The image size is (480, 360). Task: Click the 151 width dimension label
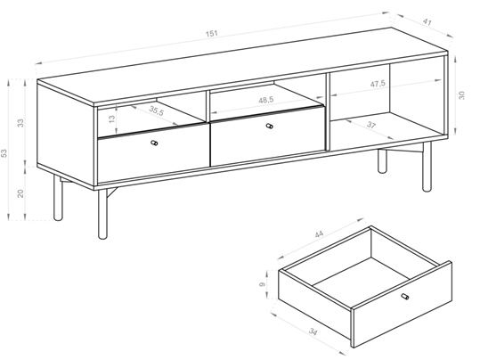pos(212,33)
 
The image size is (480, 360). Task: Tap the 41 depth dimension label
pos(427,22)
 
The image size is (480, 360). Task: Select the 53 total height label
pos(4,153)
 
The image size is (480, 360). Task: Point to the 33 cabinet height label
pos(20,123)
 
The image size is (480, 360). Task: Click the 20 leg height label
pos(20,193)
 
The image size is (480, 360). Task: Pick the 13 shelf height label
pos(112,119)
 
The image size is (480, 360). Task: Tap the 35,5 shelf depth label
pos(157,110)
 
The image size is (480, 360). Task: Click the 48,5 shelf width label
pos(266,100)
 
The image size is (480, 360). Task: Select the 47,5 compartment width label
pos(378,84)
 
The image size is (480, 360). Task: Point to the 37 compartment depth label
pos(371,125)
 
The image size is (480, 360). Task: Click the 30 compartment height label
pos(461,95)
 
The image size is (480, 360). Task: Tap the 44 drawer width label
pos(319,234)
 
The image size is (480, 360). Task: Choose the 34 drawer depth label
pos(313,331)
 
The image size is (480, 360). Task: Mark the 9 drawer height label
pos(262,284)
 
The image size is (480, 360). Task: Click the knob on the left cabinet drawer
pos(155,143)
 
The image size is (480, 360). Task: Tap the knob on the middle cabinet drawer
pos(269,126)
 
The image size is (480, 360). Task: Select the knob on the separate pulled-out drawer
pos(405,296)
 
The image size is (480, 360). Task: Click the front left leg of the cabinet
pos(103,214)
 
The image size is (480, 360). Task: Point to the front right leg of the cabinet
pos(427,167)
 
